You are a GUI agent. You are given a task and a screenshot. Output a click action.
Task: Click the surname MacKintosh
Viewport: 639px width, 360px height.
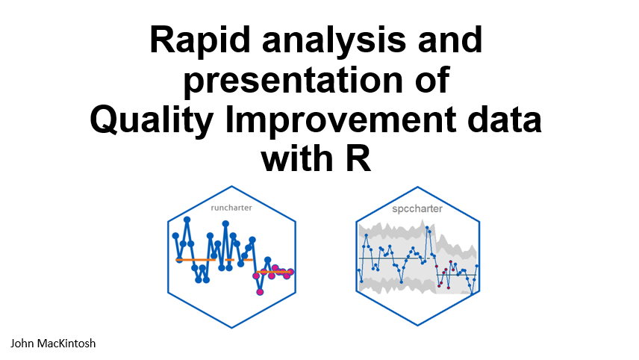pyautogui.click(x=66, y=344)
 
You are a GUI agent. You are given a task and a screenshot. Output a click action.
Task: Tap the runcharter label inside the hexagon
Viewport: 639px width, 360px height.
pyautogui.click(x=231, y=208)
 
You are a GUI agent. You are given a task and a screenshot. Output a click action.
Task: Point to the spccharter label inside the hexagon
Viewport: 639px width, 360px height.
pyautogui.click(x=417, y=208)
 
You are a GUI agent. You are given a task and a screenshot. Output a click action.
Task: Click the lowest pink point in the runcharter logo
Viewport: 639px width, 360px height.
pyautogui.click(x=260, y=291)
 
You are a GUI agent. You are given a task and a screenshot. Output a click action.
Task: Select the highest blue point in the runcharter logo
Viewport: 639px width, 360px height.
pyautogui.click(x=187, y=220)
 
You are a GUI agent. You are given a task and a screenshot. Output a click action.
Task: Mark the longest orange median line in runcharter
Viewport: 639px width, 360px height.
pyautogui.click(x=196, y=260)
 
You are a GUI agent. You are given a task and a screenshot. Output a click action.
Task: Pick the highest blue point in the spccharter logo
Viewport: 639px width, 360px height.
pyautogui.click(x=428, y=228)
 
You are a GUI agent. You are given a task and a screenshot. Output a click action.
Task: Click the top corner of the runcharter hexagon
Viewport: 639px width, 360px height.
pyautogui.click(x=232, y=186)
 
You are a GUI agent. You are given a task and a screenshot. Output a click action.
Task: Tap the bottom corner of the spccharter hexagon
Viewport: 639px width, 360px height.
pyautogui.click(x=418, y=326)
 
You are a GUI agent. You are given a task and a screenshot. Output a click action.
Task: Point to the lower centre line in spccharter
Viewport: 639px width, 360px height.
pyautogui.click(x=456, y=275)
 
